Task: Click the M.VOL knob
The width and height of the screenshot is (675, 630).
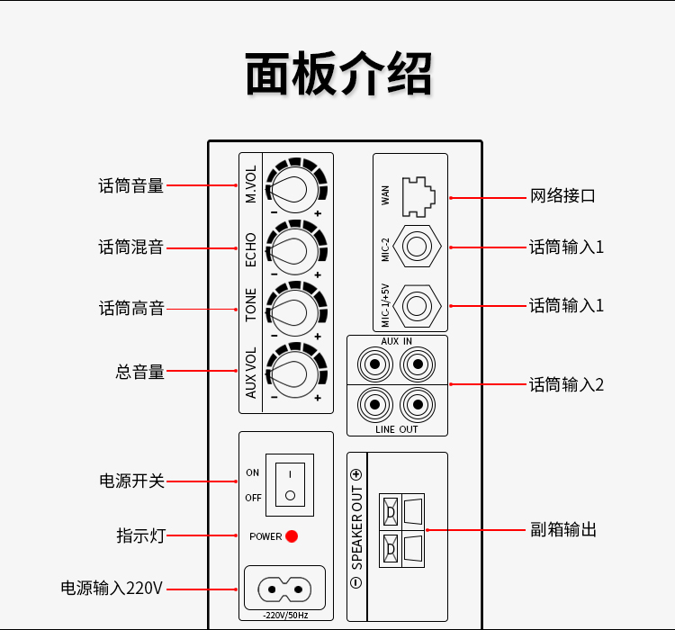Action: tap(292, 185)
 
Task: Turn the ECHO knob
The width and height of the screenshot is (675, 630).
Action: tap(292, 248)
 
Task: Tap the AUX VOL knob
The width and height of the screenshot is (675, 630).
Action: tap(292, 371)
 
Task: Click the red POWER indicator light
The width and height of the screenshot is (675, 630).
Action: tap(292, 536)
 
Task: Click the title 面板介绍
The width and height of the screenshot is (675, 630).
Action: tap(337, 74)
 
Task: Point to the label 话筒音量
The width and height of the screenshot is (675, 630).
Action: tap(131, 186)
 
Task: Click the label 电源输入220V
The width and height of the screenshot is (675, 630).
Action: tap(112, 589)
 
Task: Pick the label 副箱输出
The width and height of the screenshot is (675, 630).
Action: tap(562, 530)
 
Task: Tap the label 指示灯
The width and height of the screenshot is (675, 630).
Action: tap(140, 536)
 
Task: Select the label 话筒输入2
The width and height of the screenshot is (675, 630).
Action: tap(566, 385)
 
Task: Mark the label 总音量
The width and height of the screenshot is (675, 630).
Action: tap(140, 371)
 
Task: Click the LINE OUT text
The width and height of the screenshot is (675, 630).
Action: tap(397, 429)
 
